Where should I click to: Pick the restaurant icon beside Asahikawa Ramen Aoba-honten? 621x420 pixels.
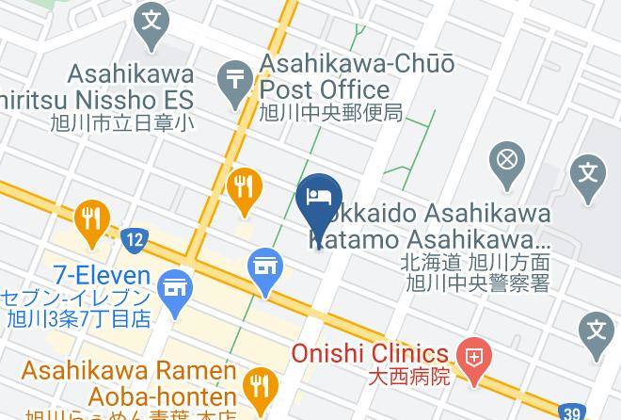click(x=257, y=385)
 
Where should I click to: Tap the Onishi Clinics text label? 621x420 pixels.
click(x=369, y=354)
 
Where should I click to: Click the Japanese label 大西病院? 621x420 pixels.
click(x=412, y=378)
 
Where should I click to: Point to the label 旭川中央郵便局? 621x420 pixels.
click(x=331, y=113)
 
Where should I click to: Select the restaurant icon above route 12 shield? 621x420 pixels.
click(x=91, y=218)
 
